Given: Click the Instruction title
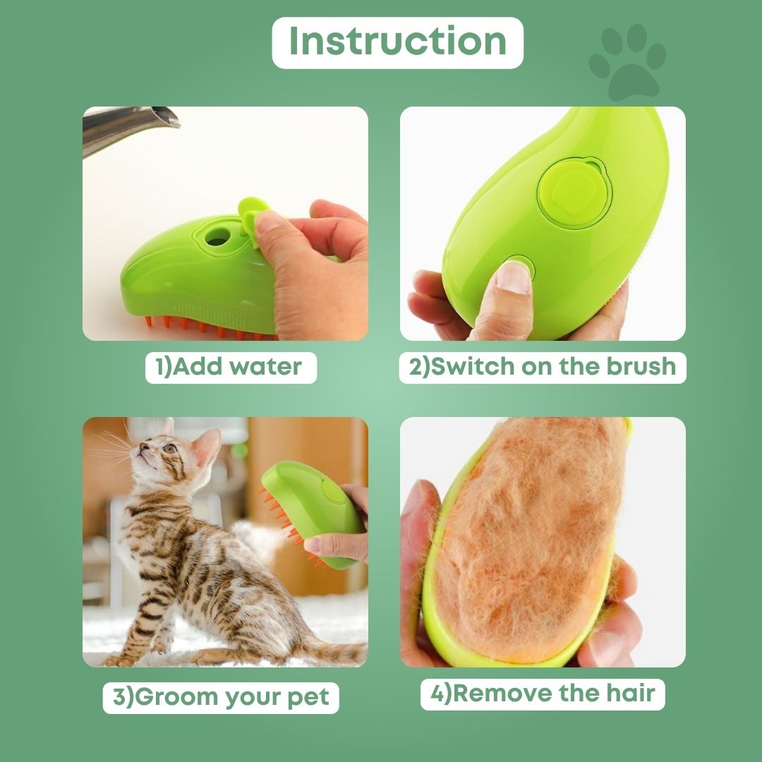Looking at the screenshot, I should [397, 42].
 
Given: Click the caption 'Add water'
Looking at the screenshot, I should [231, 367].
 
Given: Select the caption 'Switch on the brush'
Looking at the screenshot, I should [543, 367].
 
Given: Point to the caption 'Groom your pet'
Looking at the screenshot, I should [221, 696].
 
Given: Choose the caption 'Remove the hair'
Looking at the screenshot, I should [543, 693].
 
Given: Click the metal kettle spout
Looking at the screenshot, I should [134, 127].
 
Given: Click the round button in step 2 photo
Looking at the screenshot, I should [573, 191].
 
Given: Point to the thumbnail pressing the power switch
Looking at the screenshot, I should [513, 277].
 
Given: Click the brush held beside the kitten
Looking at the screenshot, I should [317, 508].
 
